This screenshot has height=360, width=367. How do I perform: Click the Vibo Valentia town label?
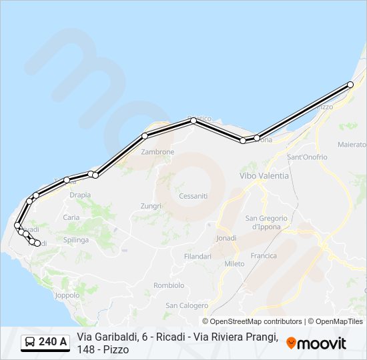264,175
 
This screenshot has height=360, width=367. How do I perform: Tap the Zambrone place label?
157,152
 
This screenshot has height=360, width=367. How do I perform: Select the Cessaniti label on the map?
194,196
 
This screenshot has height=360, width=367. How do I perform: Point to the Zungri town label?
151,206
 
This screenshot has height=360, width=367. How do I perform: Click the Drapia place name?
80,195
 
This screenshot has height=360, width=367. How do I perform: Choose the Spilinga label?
76,239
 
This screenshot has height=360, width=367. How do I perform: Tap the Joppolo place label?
67,295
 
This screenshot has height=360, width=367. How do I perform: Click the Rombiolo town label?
169,285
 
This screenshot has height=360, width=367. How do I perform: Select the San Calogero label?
187,305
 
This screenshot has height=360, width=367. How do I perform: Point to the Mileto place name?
234,263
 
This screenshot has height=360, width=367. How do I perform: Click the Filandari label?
198,256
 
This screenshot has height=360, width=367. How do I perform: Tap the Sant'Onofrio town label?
307,157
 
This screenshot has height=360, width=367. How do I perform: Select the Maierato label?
352,144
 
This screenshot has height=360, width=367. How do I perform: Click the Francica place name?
264,255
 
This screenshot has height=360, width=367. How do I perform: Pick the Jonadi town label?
227,238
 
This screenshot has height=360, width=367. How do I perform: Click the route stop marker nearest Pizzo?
350,85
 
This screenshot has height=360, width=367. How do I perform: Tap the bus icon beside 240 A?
29,343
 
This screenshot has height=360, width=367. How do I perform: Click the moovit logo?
316,343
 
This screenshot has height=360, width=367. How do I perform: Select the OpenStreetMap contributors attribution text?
252,321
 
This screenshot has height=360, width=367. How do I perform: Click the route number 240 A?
53,343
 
